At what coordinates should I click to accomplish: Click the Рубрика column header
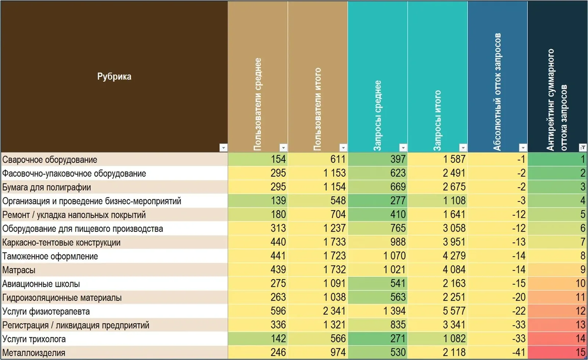[114, 76]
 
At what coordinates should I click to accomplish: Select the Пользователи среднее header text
[258, 104]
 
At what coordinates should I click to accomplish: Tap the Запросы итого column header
[437, 121]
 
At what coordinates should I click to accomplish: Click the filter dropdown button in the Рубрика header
[223, 148]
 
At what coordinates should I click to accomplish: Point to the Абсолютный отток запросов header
[497, 92]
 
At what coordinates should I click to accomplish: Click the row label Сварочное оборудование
[50, 159]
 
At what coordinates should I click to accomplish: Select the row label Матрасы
[19, 270]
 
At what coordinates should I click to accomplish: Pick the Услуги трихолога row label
[34, 339]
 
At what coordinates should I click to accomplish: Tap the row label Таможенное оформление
[50, 256]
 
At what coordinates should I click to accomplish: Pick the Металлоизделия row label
[33, 353]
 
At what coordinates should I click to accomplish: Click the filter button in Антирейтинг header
[582, 148]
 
